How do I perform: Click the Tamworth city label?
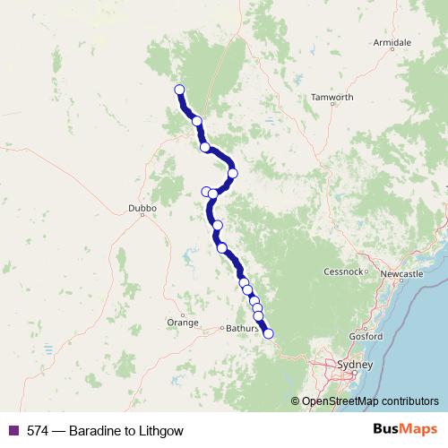tap(332, 97)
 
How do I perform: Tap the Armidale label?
tap(392, 42)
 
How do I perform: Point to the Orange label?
tap(183, 322)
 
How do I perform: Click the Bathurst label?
tap(240, 329)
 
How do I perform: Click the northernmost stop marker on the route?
tap(179, 90)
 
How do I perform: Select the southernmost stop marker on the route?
tap(268, 334)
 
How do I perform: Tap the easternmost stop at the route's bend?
tap(233, 173)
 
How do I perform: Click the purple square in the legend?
tap(13, 431)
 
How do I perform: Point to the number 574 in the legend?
tap(38, 431)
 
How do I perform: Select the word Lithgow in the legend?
tap(162, 431)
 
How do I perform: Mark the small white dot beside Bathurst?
tap(221, 329)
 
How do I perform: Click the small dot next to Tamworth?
tap(332, 105)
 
